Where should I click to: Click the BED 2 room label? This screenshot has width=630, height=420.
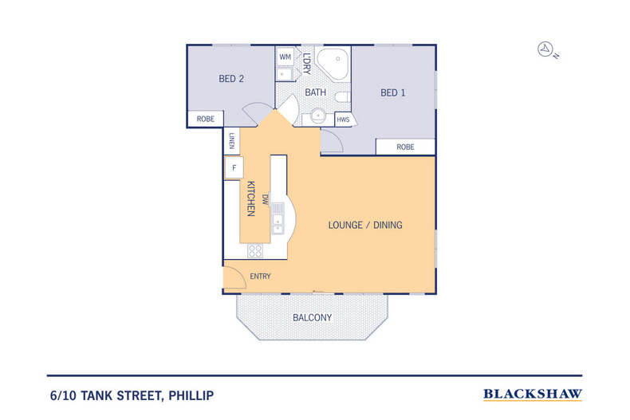(x=231, y=79)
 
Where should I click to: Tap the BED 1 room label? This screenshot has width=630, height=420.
(x=392, y=92)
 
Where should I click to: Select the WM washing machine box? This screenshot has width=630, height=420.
(x=285, y=57)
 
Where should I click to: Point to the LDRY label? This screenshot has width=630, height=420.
(x=306, y=64)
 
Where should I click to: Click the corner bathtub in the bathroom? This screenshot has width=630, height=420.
(x=332, y=63)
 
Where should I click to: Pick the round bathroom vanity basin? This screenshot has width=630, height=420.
(x=318, y=116)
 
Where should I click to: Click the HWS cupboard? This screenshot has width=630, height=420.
(x=344, y=120)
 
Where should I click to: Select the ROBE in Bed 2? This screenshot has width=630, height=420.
(x=205, y=119)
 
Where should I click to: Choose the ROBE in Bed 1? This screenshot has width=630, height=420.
(x=405, y=147)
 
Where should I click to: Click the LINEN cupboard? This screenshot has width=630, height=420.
(x=232, y=141)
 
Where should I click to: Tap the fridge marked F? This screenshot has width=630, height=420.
(x=234, y=167)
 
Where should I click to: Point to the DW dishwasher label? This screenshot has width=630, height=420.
(x=265, y=199)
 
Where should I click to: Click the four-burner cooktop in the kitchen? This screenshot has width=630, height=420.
(x=255, y=251)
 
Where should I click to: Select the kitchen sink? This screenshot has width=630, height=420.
(x=278, y=219)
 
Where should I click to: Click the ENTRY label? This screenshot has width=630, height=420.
(x=260, y=277)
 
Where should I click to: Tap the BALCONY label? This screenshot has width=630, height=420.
(x=312, y=318)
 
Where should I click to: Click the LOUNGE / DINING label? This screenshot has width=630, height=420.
(x=365, y=225)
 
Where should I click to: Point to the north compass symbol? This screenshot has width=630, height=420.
(x=547, y=49)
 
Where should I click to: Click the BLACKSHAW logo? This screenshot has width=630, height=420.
(x=533, y=394)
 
